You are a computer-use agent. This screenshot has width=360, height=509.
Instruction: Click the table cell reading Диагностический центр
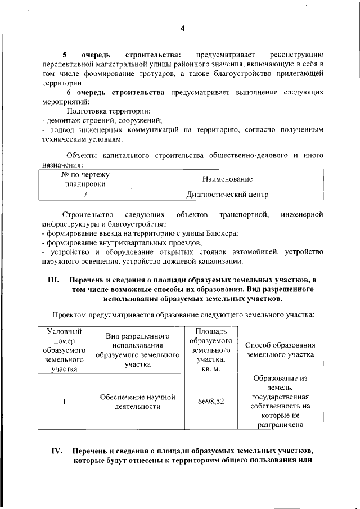tap(227, 195)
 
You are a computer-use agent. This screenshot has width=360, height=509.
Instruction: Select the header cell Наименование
tap(227, 179)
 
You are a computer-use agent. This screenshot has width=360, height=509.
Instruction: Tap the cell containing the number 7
tap(85, 195)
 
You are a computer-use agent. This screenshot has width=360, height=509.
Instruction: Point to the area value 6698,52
tap(211, 402)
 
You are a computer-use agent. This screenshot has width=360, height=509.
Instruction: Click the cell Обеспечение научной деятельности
tap(138, 402)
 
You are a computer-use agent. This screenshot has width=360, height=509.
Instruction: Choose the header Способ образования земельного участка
tap(280, 350)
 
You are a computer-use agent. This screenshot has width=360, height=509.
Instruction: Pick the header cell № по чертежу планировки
tap(85, 179)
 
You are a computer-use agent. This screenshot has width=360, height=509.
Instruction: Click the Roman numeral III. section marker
tap(54, 280)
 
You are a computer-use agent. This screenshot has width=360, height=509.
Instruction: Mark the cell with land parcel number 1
tap(64, 402)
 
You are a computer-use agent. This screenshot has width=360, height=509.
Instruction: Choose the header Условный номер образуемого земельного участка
tap(64, 350)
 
